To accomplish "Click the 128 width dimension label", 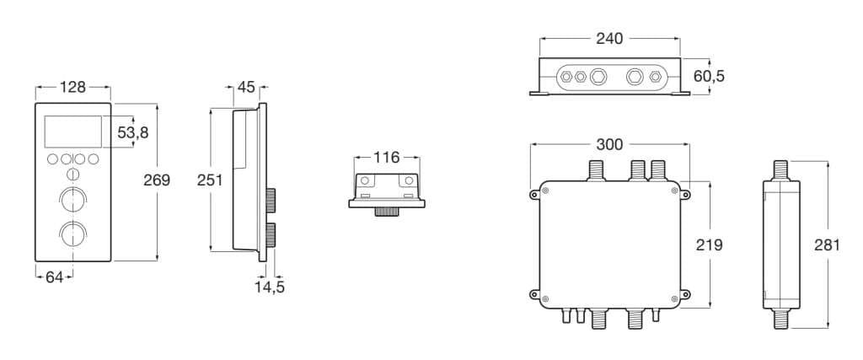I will coord(73,86).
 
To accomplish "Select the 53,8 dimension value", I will coord(132,132).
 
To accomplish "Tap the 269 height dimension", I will coord(157,180).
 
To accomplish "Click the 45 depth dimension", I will coord(247,86).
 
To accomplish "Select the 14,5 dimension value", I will coord(270,287).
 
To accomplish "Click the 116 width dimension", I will coord(387,158).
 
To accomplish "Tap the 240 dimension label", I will coord(609,39).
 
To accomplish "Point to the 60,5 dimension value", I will coord(709,77).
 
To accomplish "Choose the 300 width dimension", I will coord(609,144).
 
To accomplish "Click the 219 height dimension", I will coord(710,244).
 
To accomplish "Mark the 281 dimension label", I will coord(830,245).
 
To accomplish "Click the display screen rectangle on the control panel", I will coord(72,132).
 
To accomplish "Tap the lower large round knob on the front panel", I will coord(72,234).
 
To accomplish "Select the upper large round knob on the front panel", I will coord(72,200).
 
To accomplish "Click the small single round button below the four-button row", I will coord(72,175).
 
